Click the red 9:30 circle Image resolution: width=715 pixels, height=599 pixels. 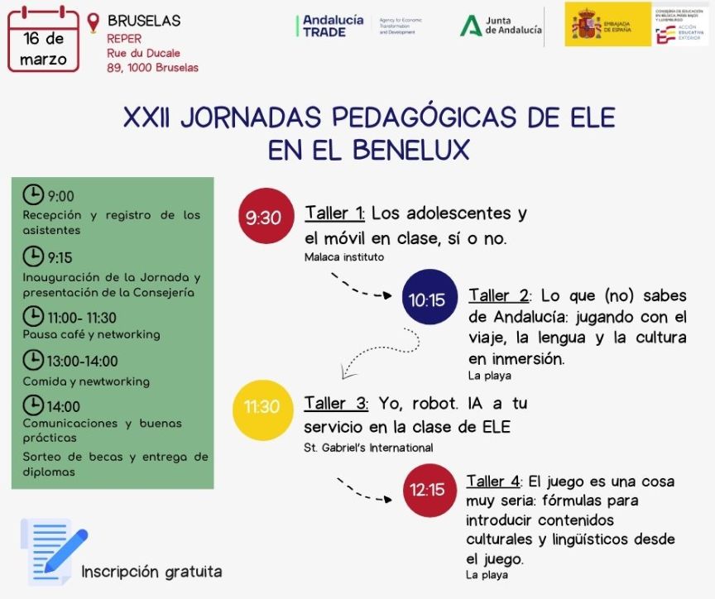pyautogui.click(x=265, y=217)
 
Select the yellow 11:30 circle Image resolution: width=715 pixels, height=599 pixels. pyautogui.click(x=262, y=407)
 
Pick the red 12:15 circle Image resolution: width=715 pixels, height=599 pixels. pyautogui.click(x=428, y=489)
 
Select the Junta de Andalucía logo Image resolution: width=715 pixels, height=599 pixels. pyautogui.click(x=501, y=26)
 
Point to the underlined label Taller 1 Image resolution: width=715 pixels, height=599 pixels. pyautogui.click(x=334, y=213)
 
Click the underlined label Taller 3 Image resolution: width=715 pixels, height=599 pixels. pyautogui.click(x=336, y=404)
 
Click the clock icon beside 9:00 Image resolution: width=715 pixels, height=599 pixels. pyautogui.click(x=32, y=195)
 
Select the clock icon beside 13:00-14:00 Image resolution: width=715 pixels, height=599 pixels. pyautogui.click(x=32, y=360)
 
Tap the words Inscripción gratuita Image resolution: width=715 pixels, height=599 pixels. pyautogui.click(x=151, y=572)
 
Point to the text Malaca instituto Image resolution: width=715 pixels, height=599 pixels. pyautogui.click(x=344, y=257)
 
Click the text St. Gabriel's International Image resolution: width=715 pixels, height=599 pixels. pyautogui.click(x=368, y=448)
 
